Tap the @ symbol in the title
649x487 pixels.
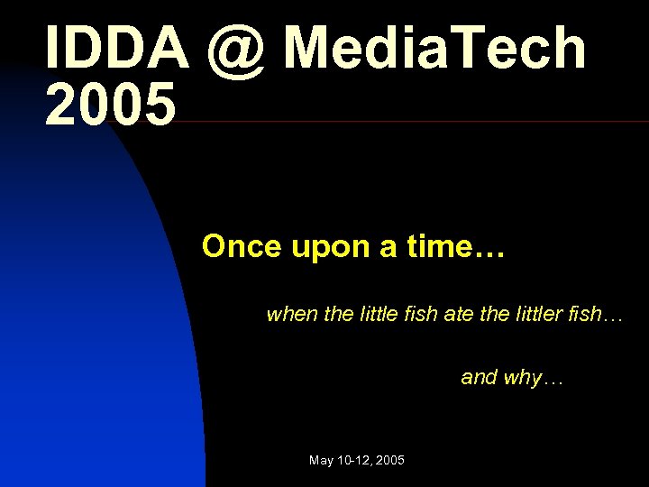(236, 49)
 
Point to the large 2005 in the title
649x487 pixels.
(110, 105)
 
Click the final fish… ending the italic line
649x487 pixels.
(599, 315)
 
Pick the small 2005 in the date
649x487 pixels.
(390, 461)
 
